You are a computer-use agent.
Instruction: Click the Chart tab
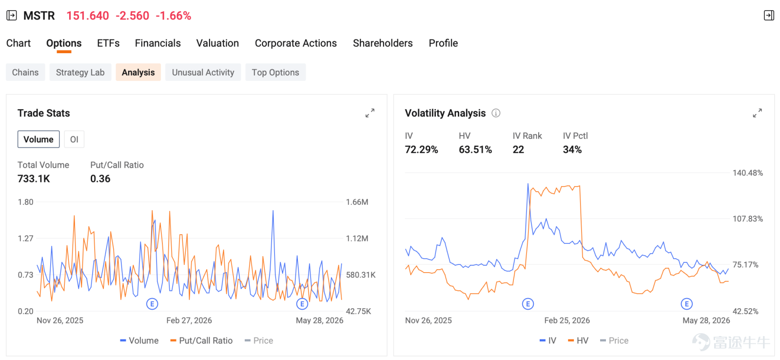click(19, 43)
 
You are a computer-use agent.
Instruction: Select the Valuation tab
click(217, 43)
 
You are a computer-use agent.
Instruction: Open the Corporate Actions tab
click(295, 43)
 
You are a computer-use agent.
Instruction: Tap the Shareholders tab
click(383, 43)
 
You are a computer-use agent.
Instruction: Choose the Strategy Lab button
click(80, 72)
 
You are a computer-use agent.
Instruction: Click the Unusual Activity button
click(203, 72)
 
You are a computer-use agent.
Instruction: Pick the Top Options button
click(275, 72)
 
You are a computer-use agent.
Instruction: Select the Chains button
click(25, 72)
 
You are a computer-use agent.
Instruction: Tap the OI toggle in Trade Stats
click(74, 140)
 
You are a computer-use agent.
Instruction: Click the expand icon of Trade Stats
click(370, 113)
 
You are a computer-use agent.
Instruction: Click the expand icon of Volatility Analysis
click(758, 113)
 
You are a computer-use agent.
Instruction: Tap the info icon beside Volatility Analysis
click(496, 113)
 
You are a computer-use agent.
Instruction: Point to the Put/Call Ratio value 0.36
click(100, 179)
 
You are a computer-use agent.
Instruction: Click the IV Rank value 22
click(518, 149)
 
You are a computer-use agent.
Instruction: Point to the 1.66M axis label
click(357, 202)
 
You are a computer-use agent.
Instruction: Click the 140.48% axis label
click(748, 173)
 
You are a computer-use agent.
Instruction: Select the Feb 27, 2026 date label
click(189, 320)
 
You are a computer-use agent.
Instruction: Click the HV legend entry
click(578, 340)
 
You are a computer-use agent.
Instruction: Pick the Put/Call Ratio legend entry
click(201, 340)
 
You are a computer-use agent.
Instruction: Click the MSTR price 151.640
click(88, 16)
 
